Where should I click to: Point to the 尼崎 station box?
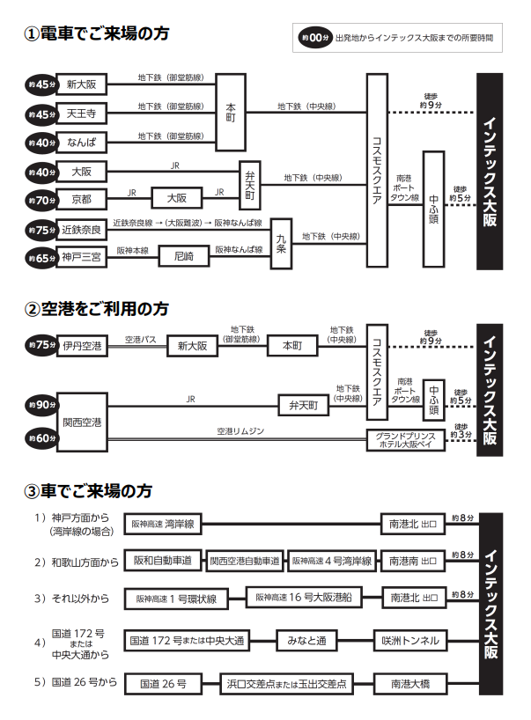183,256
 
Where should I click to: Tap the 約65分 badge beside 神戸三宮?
41,257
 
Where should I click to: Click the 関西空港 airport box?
82,422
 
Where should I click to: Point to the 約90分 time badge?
41,405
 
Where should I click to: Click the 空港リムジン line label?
240,431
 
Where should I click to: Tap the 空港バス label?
140,339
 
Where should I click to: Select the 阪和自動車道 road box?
163,560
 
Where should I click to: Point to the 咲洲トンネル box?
411,640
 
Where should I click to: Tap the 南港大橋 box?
411,682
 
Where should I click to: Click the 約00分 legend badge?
315,38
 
